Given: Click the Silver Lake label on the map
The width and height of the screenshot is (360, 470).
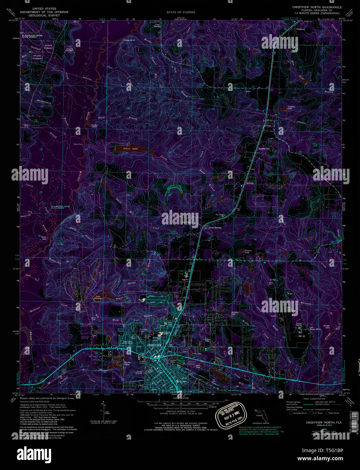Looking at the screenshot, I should pyautogui.click(x=131, y=149).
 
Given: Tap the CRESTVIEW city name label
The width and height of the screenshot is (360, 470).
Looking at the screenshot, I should pyautogui.click(x=154, y=345).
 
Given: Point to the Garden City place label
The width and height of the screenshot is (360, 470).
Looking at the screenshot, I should pyautogui.click(x=264, y=149).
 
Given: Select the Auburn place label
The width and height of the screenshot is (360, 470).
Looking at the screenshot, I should pyautogui.click(x=250, y=183).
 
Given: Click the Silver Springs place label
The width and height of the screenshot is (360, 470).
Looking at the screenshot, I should pyautogui.click(x=215, y=228).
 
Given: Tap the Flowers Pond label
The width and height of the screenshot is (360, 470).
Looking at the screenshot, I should pyautogui.click(x=249, y=252).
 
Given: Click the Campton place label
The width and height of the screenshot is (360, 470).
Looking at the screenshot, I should pyautogui.click(x=300, y=29).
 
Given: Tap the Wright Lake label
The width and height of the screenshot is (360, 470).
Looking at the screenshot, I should pyautogui.click(x=317, y=326).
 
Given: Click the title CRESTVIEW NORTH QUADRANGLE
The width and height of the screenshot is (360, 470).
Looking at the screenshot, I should pyautogui.click(x=317, y=7).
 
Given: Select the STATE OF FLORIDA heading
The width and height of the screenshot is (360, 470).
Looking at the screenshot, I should pyautogui.click(x=181, y=12).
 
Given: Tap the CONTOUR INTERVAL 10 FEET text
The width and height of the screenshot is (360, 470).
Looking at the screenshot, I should pyautogui.click(x=180, y=411).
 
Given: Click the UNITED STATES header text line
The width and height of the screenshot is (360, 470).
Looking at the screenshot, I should pyautogui.click(x=44, y=8).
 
